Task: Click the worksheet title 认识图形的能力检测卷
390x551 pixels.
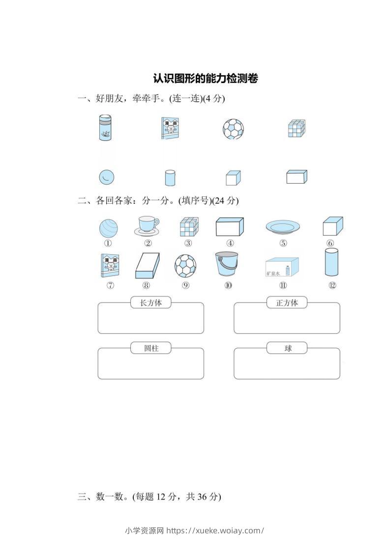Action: tap(205, 78)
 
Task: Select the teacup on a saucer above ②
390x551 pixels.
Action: tap(147, 226)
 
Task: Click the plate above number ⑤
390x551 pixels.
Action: tap(283, 227)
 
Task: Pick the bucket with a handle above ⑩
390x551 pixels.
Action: tap(227, 264)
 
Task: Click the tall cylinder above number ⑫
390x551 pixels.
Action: tap(332, 263)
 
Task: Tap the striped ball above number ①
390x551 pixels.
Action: tap(108, 228)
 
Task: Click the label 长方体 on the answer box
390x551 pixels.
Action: tap(151, 303)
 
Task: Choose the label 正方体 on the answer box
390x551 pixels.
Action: tap(287, 303)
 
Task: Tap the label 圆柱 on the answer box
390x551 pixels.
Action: tap(151, 348)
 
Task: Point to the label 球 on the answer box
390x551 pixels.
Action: tap(287, 348)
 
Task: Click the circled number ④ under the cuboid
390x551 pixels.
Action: tap(230, 243)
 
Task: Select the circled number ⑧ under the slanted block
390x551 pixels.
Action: tap(146, 286)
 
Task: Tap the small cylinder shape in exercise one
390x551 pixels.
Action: tap(170, 178)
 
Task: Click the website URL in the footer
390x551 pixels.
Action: tap(215, 530)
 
